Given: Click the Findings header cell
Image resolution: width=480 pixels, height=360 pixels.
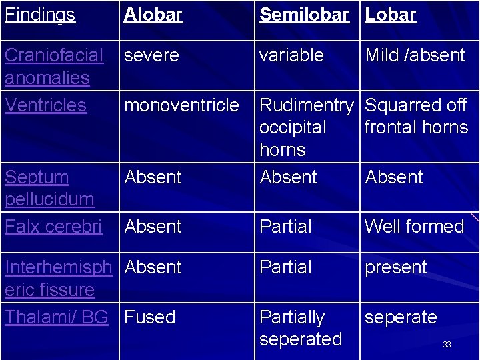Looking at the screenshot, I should (39, 15).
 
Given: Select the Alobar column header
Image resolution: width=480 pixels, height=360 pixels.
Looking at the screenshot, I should (153, 15).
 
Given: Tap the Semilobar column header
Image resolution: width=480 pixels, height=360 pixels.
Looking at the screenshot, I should (304, 15).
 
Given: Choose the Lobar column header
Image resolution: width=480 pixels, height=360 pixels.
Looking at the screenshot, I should (391, 15).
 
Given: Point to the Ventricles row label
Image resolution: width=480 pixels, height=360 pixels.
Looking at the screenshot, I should (45, 105).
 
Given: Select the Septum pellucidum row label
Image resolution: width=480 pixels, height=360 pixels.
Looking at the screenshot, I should (49, 188).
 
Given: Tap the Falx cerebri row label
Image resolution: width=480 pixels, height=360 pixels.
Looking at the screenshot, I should (53, 227).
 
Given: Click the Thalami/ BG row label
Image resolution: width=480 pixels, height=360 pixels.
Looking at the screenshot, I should (56, 317).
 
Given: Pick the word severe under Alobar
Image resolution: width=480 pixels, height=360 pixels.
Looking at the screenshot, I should (151, 55).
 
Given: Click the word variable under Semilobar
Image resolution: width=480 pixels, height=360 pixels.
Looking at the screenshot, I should (291, 55).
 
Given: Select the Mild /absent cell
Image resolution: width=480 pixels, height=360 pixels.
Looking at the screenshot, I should (415, 55).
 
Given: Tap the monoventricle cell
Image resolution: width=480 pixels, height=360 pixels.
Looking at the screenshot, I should (181, 105).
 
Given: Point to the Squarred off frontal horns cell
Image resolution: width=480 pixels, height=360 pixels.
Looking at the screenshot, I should (417, 116).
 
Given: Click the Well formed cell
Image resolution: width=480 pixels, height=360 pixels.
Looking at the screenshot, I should (414, 227).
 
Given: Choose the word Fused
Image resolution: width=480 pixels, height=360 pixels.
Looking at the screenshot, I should (150, 317).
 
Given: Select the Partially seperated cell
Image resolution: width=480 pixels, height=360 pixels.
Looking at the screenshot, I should (300, 328).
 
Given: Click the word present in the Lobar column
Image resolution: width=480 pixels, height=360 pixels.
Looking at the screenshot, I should (395, 267).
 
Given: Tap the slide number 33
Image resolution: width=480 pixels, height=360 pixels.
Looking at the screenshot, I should (447, 345).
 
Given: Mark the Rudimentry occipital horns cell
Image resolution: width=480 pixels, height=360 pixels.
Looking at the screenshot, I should (306, 127).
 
